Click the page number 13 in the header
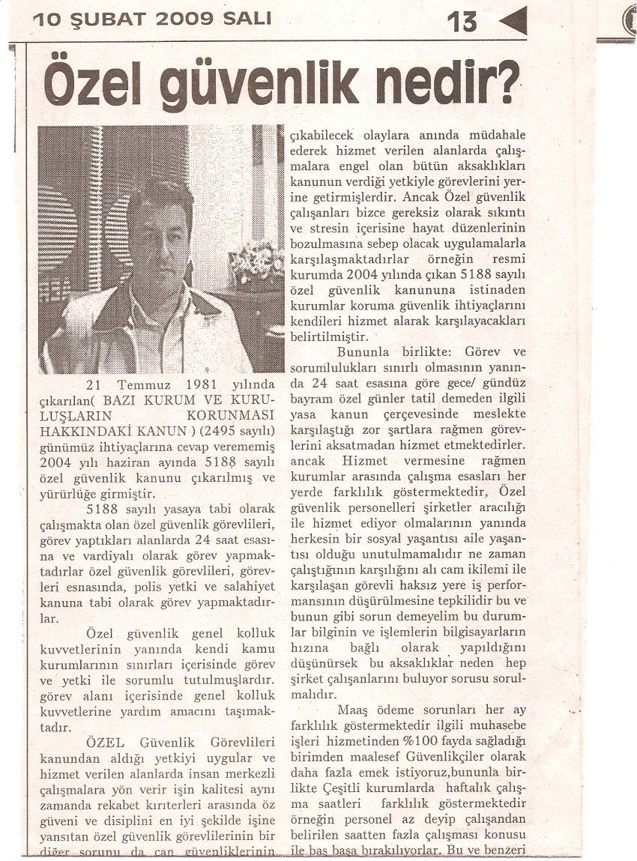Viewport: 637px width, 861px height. click(463, 21)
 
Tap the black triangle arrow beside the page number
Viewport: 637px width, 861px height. click(513, 20)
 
